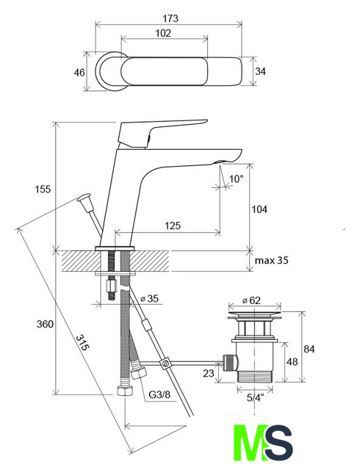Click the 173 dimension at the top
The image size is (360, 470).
pyautogui.click(x=170, y=18)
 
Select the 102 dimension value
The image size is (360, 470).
pyautogui.click(x=163, y=33)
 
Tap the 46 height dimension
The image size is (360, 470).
pyautogui.click(x=79, y=73)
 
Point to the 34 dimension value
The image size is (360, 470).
pyautogui.click(x=260, y=71)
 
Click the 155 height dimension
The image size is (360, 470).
pyautogui.click(x=43, y=189)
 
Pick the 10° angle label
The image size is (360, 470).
pyautogui.click(x=236, y=179)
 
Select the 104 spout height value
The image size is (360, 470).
pyautogui.click(x=259, y=209)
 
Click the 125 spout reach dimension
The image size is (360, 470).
pyautogui.click(x=173, y=225)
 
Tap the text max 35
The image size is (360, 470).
pyautogui.click(x=272, y=260)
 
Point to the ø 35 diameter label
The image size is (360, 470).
pyautogui.click(x=149, y=299)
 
